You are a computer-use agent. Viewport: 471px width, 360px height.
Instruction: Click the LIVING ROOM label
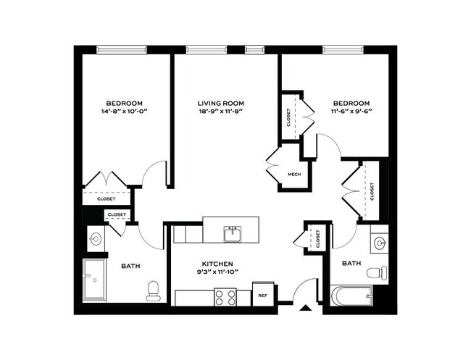[x=221, y=104]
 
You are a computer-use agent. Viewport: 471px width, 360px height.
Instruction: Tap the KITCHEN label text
[x=217, y=264]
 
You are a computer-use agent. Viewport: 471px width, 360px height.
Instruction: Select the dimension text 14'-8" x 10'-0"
[x=124, y=112]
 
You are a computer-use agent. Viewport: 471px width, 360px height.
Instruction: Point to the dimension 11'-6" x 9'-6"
[x=351, y=112]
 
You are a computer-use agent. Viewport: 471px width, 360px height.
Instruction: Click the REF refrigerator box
[x=263, y=294]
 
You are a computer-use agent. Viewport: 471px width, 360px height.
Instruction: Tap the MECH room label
[x=294, y=175]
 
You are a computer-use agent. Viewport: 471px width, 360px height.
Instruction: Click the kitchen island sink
[x=233, y=233]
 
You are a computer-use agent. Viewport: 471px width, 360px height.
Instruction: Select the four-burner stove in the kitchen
[x=225, y=297]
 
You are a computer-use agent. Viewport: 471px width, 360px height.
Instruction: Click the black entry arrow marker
[x=306, y=307]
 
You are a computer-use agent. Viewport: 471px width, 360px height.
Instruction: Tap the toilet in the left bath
[x=153, y=290]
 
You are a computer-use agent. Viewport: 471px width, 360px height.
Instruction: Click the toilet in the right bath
[x=378, y=273]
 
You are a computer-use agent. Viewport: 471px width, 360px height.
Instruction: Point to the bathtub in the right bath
[x=351, y=296]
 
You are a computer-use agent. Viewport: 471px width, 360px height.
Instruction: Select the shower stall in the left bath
[x=94, y=279]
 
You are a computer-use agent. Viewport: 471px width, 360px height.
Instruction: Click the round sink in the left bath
[x=96, y=239]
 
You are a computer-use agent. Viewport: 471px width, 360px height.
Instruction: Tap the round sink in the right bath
[x=380, y=242]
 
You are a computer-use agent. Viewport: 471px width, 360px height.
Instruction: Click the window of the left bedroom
[x=122, y=50]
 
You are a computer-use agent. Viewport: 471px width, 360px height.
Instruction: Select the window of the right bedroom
[x=343, y=50]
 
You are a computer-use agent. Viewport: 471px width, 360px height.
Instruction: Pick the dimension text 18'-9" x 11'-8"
[x=221, y=112]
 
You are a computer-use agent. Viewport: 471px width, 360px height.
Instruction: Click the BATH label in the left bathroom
[x=130, y=266]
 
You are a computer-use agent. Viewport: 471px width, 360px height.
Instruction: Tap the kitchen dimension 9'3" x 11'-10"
[x=217, y=272]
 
